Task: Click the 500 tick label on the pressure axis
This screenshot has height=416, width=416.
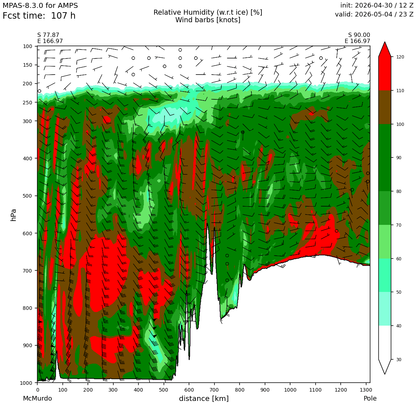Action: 27,196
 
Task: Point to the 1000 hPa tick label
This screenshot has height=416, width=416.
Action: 26,383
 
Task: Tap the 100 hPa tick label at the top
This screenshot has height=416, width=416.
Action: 27,46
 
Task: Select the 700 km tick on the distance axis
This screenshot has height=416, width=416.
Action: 189,390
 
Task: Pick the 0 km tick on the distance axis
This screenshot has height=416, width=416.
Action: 37,390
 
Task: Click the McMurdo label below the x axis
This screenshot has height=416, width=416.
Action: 37,398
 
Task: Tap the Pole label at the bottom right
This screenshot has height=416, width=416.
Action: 370,398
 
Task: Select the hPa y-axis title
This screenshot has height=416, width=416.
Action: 13,215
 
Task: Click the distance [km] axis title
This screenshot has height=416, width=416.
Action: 204,398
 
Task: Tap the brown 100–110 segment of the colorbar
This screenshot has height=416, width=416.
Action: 385,107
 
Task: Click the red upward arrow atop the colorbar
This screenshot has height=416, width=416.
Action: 385,49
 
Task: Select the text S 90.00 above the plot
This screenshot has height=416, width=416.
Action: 359,35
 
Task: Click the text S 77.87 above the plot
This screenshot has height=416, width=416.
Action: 48,35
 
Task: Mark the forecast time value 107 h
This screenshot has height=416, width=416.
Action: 63,16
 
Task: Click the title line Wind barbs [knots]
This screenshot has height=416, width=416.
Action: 208,20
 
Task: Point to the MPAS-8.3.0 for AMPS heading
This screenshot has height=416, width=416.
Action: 40,5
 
